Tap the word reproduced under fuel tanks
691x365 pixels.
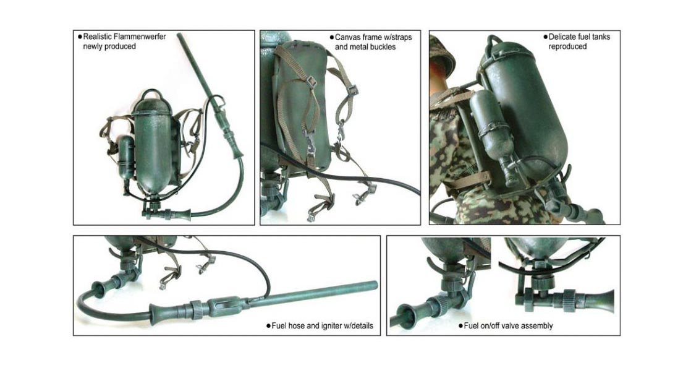click(567, 46)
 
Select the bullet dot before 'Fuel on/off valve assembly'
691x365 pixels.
click(460, 325)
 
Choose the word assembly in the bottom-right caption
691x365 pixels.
click(536, 325)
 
